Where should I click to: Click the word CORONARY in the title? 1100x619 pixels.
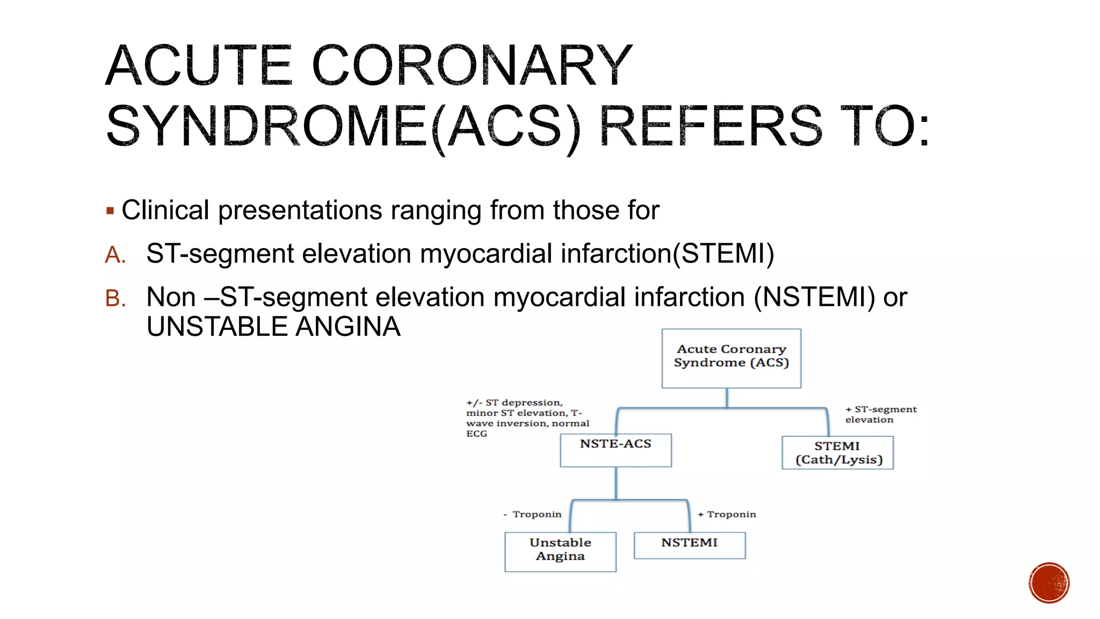[472, 66]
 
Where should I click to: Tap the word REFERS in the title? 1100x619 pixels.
[710, 127]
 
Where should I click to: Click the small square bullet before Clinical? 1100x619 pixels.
[110, 211]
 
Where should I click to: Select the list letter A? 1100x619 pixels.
[115, 255]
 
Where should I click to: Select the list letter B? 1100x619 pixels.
[115, 298]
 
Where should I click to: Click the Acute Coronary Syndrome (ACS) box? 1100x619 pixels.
[731, 358]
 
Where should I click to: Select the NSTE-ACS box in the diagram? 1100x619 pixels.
[616, 450]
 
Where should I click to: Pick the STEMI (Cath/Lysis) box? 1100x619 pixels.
[837, 453]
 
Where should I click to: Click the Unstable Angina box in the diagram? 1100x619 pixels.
[560, 551]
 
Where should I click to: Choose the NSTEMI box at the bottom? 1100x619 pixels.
[690, 545]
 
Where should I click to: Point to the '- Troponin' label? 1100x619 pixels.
[533, 514]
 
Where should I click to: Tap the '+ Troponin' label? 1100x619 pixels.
[727, 514]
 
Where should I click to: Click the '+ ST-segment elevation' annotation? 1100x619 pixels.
[880, 414]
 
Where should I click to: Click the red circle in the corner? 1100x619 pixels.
[1049, 582]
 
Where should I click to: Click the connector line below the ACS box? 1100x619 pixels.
[727, 398]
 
